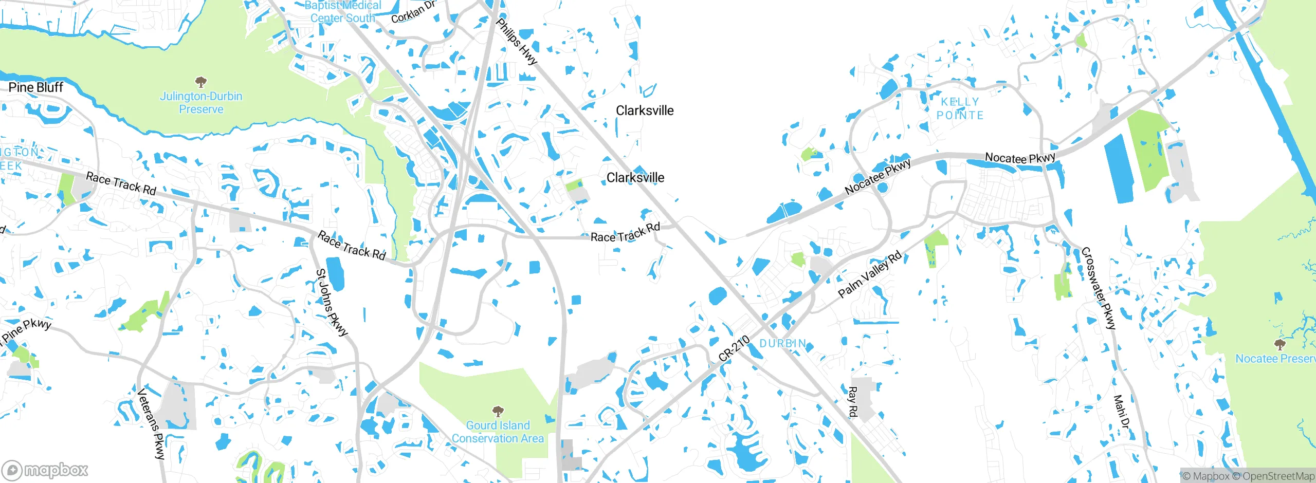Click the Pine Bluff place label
point(36,87)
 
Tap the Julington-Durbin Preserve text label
point(201,103)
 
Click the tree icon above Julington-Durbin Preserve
point(201,82)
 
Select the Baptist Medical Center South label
point(343,12)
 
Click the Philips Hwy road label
point(517,42)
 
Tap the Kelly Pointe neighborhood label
point(960,108)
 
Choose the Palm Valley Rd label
point(869,274)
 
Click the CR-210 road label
point(734,348)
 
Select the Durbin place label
point(783,343)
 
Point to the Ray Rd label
point(852,402)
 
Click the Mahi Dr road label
point(1122,412)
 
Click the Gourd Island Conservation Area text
point(498,432)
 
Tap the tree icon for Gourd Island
point(498,411)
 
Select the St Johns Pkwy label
point(332,302)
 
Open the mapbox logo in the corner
point(45,470)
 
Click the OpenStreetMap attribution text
point(1278,476)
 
